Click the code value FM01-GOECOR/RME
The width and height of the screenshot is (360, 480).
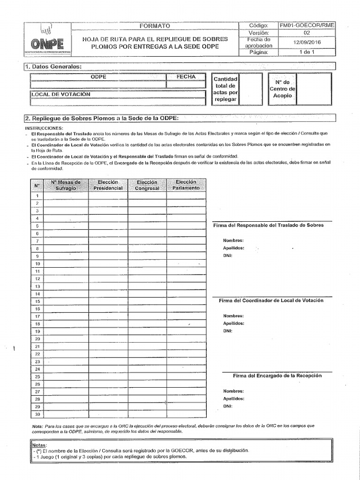[x=307, y=25]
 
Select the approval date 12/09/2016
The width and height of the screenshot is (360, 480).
[x=307, y=43]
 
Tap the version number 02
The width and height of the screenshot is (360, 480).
[x=307, y=33]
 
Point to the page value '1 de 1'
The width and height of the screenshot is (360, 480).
[x=307, y=52]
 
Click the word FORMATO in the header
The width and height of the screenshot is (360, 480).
[x=155, y=25]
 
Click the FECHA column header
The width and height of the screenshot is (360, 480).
[x=186, y=76]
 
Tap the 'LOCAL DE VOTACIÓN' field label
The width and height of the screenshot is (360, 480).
[x=61, y=94]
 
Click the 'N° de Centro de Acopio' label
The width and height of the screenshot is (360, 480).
[x=282, y=88]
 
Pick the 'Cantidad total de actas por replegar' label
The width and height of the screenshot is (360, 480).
[x=225, y=89]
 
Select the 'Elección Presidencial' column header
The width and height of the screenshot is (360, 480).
[x=108, y=185]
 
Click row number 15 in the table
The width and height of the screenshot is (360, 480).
[x=37, y=301]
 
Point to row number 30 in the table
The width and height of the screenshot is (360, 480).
[x=37, y=414]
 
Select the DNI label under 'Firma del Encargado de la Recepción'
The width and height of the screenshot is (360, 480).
[x=228, y=406]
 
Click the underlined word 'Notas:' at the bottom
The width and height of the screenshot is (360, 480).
[x=40, y=445]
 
